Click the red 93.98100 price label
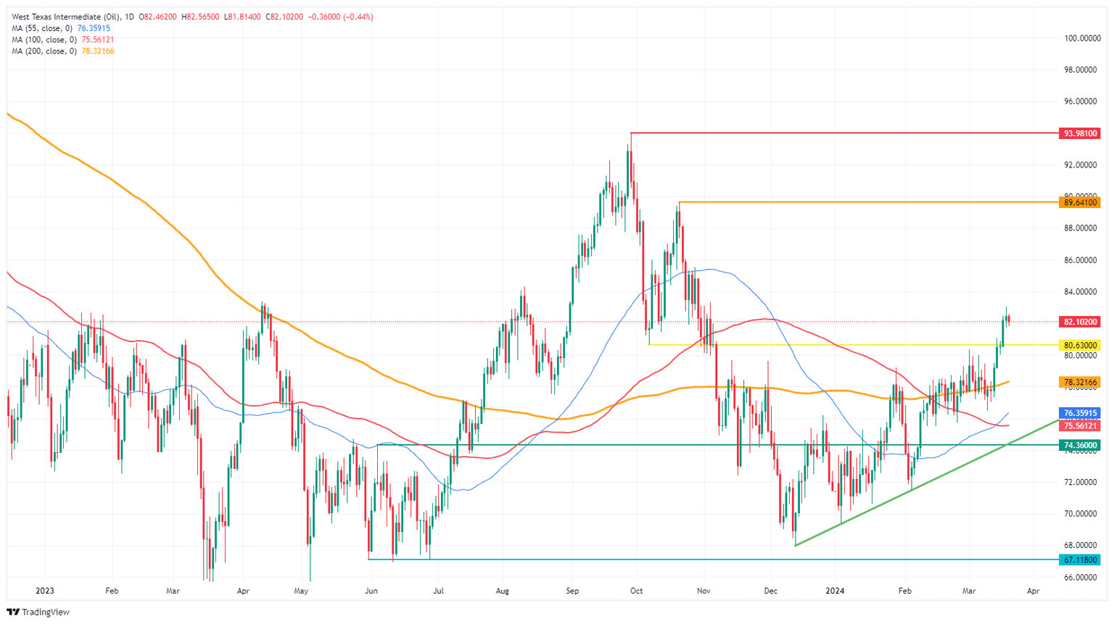pos(1081,133)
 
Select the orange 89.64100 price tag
pos(1081,203)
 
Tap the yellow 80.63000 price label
pos(1081,345)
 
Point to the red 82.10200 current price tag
pos(1081,322)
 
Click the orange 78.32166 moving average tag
pos(1081,382)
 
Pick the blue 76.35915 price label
pos(1081,413)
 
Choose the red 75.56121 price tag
pos(1081,426)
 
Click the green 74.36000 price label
pos(1081,445)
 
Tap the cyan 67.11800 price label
pos(1081,560)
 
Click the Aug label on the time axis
pos(502,591)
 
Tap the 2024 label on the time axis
pos(835,591)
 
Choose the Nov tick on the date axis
pos(702,591)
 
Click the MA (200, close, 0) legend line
pos(62,51)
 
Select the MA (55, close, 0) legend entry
pos(60,28)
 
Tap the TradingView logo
pos(38,612)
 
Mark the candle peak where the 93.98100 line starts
pos(631,134)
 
